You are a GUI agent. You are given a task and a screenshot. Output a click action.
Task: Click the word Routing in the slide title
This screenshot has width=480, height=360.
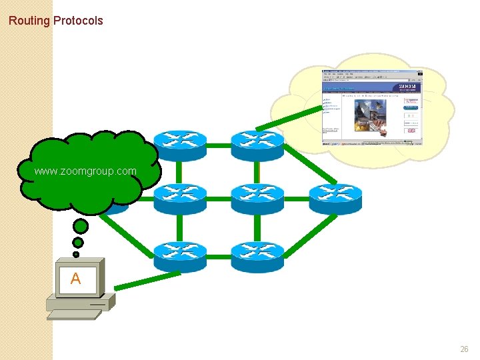pos(29,21)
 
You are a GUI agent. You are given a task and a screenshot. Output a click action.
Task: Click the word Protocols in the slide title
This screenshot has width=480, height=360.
pos(78,21)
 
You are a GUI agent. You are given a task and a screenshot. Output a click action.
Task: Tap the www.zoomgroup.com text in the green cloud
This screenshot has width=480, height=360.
pos(85,171)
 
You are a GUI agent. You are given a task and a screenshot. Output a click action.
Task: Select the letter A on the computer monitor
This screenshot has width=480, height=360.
pos(75,279)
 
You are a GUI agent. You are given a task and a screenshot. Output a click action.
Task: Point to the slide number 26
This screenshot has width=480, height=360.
pos(464,349)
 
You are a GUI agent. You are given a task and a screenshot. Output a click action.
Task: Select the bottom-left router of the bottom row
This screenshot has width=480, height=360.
pos(180,257)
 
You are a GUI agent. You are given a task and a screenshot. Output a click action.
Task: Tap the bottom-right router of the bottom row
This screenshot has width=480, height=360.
pos(257,257)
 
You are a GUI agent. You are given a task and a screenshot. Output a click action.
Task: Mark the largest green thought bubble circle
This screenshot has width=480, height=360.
pos(81,227)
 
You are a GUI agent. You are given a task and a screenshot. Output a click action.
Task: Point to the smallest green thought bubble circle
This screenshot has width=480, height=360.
pos(76,254)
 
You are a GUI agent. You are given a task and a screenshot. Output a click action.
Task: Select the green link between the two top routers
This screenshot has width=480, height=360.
pos(219,145)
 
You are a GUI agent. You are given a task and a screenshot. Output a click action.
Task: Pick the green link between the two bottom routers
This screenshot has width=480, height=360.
pos(219,257)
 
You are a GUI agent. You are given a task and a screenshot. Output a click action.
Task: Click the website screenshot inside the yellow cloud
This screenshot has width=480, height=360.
pos(372,107)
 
